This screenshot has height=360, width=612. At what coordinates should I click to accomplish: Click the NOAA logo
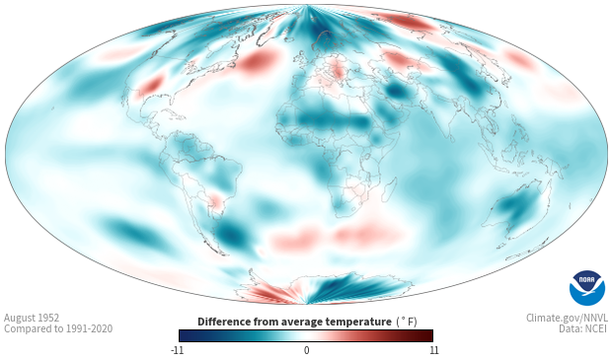coord(587,288)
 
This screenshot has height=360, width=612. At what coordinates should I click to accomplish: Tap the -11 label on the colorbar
coord(177,350)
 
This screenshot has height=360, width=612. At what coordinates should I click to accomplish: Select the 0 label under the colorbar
coord(306,350)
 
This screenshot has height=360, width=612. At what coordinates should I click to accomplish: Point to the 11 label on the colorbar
coord(433,350)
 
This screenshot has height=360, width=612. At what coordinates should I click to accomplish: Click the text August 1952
coord(32,318)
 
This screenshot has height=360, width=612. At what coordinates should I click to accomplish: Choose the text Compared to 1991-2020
coord(58,329)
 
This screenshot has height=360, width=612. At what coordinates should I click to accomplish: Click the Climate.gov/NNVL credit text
coord(567,318)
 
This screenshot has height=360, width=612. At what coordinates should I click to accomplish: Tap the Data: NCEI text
coord(583,329)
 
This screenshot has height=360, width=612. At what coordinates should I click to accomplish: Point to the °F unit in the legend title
coord(407,323)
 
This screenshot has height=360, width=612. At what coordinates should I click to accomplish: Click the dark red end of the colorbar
coord(427,335)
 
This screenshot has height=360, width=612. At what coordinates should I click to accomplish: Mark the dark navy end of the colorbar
coord(185,335)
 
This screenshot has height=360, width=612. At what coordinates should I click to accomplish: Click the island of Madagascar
coord(389,190)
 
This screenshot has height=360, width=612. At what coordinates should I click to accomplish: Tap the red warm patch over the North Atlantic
coord(256,63)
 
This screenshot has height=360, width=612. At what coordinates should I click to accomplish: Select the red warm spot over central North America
coord(151,86)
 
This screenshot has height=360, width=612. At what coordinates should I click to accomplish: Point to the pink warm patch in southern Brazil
coord(216,199)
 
